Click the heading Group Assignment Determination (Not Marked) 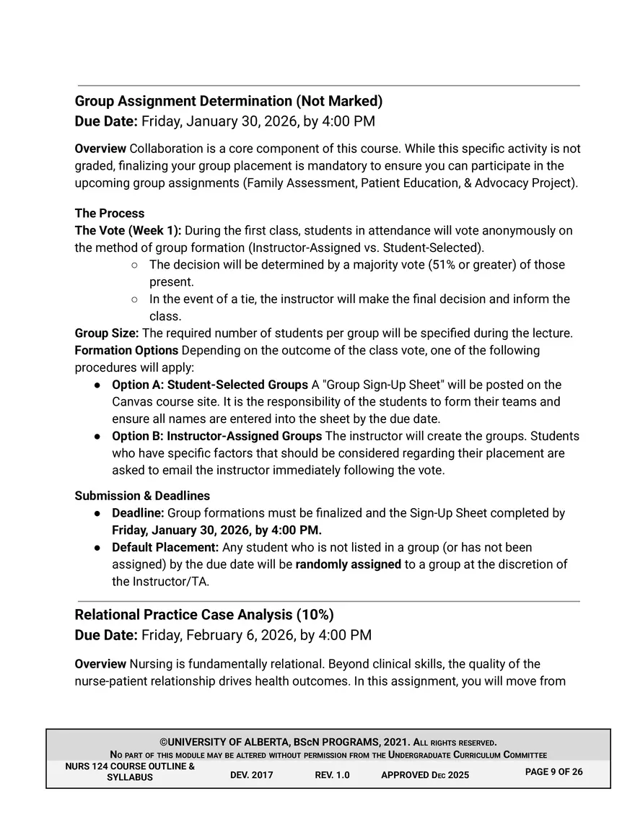[229, 100]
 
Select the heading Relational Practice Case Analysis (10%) [204, 615]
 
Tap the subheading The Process [110, 214]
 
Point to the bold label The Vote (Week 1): [128, 231]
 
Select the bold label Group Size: [107, 333]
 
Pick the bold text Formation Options [126, 351]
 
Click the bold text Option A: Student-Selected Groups [210, 385]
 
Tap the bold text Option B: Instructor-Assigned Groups [217, 437]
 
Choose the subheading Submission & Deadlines [142, 496]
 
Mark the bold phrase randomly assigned [348, 564]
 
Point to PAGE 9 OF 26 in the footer [554, 771]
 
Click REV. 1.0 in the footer [332, 775]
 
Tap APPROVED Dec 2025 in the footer [424, 775]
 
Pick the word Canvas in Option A [131, 402]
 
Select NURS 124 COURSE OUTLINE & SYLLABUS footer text [130, 771]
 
